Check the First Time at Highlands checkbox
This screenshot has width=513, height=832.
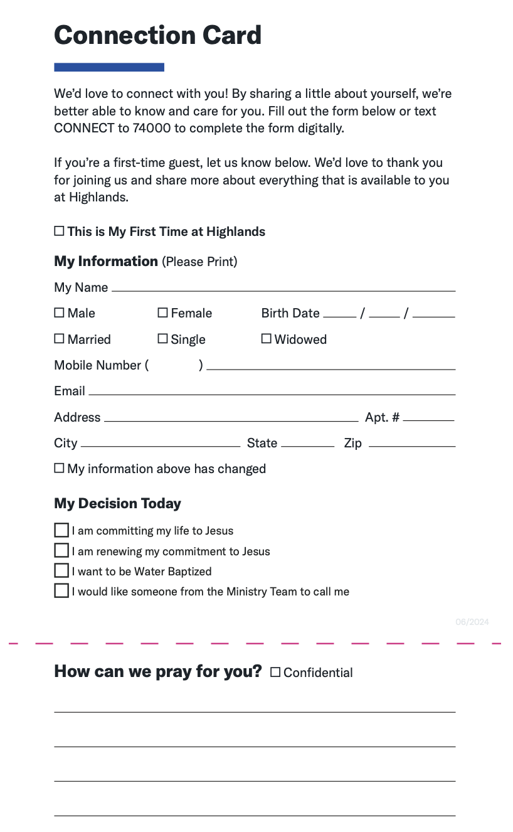tap(59, 231)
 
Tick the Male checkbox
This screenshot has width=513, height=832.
tap(59, 312)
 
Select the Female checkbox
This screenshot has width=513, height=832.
tap(162, 312)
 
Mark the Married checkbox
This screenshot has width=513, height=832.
tap(59, 339)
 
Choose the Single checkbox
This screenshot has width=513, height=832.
tap(162, 339)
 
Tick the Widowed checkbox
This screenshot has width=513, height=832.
tap(266, 339)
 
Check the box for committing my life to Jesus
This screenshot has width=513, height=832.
tap(61, 530)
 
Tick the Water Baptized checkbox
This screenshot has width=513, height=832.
tap(61, 571)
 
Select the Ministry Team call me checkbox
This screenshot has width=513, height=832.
tap(61, 591)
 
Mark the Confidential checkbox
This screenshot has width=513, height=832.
tap(275, 672)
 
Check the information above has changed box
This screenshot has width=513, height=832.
tap(59, 468)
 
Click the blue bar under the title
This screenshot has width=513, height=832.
tap(109, 67)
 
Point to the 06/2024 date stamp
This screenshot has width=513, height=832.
tap(472, 622)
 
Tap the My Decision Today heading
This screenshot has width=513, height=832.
tap(117, 503)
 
